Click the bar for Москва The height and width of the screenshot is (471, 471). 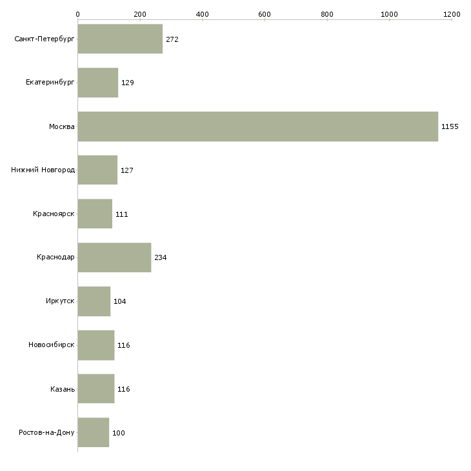pos(257,126)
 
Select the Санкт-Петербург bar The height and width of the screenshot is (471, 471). pos(120,39)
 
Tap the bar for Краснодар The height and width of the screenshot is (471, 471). pos(114,257)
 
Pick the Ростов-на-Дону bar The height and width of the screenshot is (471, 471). pos(94,432)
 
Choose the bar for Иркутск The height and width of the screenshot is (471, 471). pos(94,301)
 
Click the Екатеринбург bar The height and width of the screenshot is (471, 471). pos(98,83)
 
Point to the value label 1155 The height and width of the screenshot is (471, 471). pos(450,126)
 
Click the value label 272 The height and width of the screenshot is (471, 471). pos(172,39)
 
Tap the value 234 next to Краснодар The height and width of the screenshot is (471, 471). pos(161,257)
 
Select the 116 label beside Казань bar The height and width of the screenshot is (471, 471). pos(123,389)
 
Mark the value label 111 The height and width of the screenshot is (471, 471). pos(122,214)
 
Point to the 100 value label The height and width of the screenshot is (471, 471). pos(118,433)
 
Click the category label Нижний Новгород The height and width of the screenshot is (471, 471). pos(43,170)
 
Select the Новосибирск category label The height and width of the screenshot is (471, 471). pos(52,345)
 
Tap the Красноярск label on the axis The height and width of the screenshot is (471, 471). pos(54,214)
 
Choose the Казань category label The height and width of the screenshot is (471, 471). pos(63,389)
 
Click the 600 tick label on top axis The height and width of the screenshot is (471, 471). pos(265,14)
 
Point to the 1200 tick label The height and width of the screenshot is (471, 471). pos(452,14)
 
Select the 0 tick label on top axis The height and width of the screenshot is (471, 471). pos(78,14)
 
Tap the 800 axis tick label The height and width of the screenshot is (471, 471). pos(327,14)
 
